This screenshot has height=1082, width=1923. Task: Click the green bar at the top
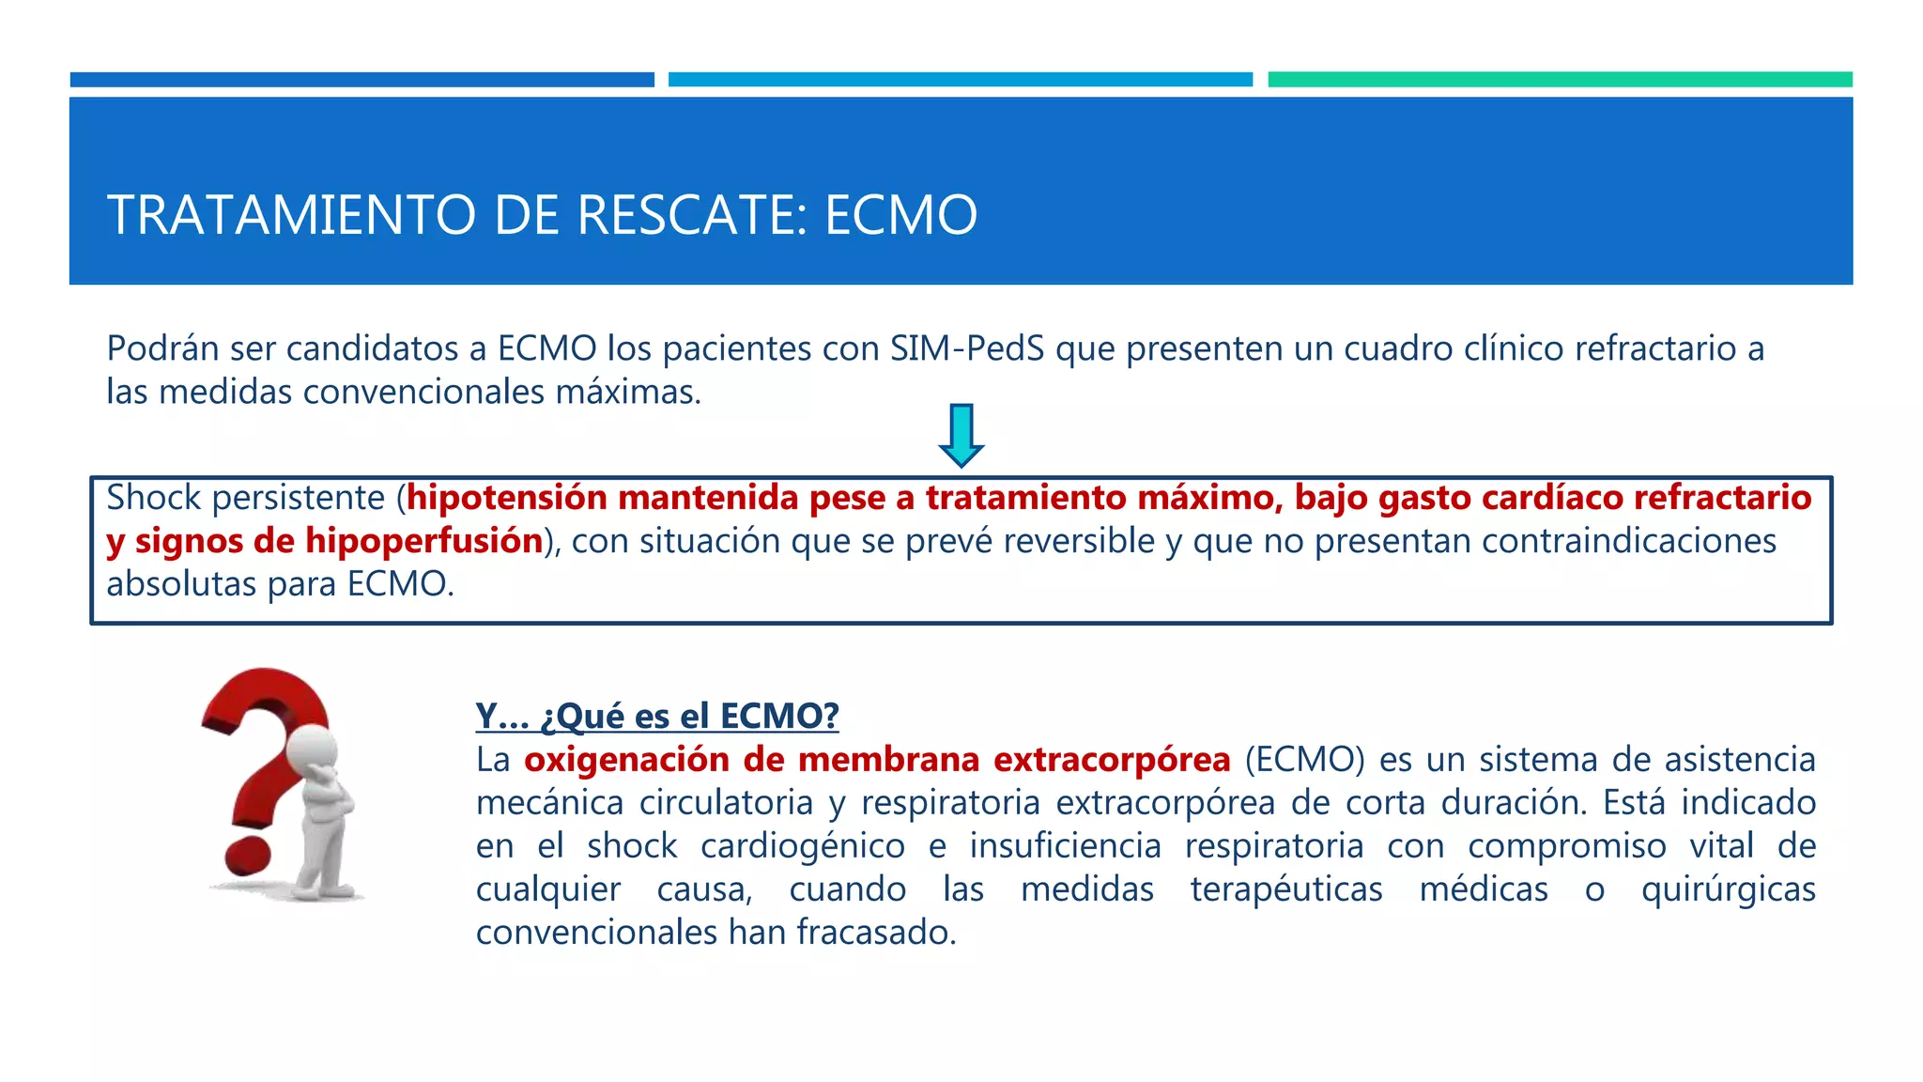coord(1560,80)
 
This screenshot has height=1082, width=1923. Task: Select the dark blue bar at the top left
coord(362,80)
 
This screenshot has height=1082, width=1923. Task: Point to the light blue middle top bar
coord(960,80)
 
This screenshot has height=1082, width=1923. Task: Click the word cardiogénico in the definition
coord(802,846)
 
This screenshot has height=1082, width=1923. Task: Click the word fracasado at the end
coord(875,933)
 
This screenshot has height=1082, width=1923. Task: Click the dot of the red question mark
coord(246,854)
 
